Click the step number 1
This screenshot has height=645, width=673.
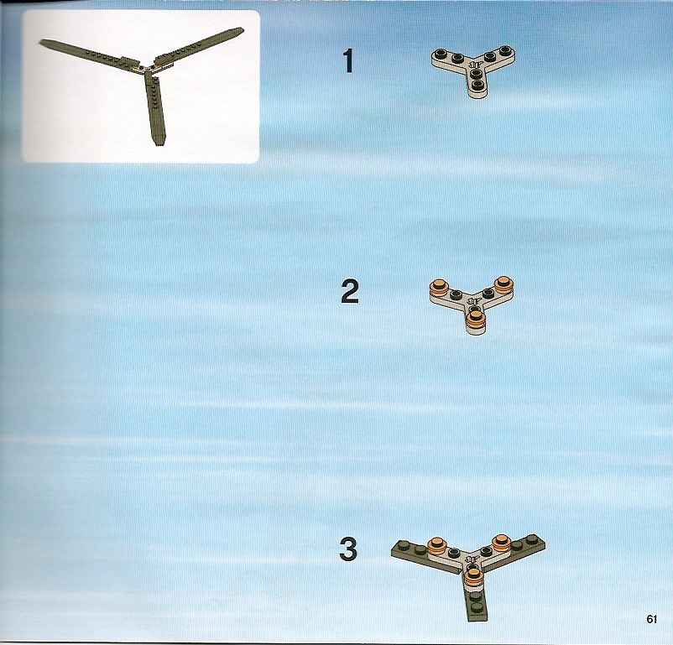(348, 61)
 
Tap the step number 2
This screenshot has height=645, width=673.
(350, 291)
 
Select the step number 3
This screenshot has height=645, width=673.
(348, 549)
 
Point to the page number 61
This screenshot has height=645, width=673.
(651, 619)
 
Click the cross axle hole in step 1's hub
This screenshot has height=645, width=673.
(474, 65)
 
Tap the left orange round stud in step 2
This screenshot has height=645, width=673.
(439, 286)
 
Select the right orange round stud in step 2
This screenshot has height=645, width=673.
(503, 283)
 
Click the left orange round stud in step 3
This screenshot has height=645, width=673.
(437, 545)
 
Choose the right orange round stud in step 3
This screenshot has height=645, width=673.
(501, 542)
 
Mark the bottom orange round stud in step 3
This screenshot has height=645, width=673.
(473, 575)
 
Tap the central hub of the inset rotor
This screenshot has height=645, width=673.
(148, 68)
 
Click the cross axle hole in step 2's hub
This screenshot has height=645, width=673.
(473, 300)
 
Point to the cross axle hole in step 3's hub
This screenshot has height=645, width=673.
(473, 559)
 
